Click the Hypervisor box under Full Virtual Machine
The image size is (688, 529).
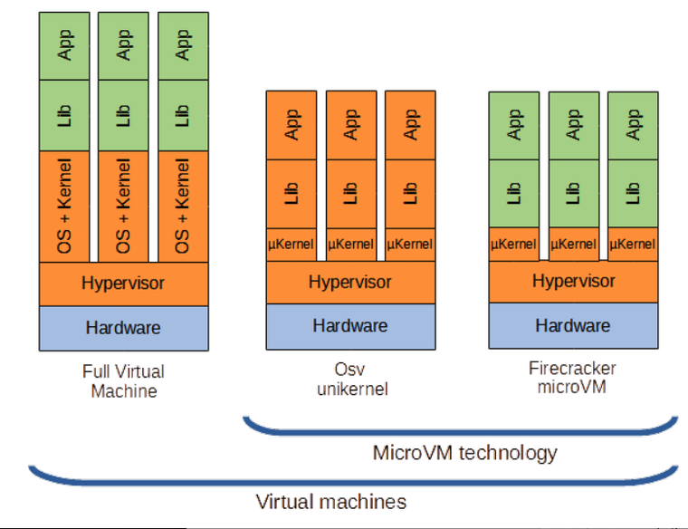[x=124, y=284]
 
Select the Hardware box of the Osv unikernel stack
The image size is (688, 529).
[x=350, y=326]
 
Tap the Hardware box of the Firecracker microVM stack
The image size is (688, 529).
[x=573, y=326]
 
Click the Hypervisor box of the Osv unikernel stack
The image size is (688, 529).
[x=350, y=283]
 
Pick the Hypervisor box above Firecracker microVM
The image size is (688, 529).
[x=573, y=282]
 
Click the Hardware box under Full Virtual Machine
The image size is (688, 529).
[x=124, y=329]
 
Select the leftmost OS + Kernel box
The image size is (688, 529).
[x=64, y=207]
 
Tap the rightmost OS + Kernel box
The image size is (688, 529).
[x=184, y=207]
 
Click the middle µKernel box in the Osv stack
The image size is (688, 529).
[x=351, y=245]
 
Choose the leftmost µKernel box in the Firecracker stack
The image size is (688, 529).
[x=514, y=244]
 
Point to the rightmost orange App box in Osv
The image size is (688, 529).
[x=410, y=125]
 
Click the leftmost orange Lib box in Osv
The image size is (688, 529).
[x=291, y=194]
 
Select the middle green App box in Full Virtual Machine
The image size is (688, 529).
[x=123, y=46]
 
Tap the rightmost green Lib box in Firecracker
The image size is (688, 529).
[x=633, y=194]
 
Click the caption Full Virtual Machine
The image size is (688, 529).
[x=124, y=381]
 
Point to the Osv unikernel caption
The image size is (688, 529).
[x=352, y=379]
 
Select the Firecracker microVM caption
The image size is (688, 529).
[x=572, y=378]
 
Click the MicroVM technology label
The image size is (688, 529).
[x=464, y=453]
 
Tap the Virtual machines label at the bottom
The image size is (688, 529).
[x=331, y=502]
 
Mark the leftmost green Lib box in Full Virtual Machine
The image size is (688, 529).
[x=64, y=115]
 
